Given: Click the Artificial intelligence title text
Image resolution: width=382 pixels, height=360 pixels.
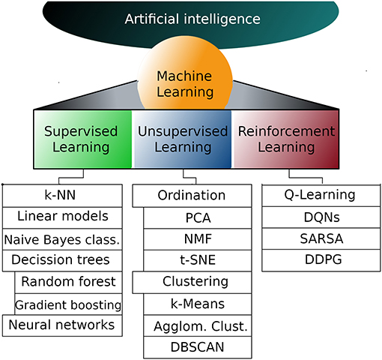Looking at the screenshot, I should click(193, 18).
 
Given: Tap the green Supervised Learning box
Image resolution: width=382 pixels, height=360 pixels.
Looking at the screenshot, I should click(83, 139).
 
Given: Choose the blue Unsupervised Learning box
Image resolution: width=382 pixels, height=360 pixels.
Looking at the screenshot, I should click(182, 139).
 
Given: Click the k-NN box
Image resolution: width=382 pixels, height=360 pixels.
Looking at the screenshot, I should click(62, 195).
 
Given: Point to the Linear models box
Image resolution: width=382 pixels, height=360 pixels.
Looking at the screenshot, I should click(62, 217).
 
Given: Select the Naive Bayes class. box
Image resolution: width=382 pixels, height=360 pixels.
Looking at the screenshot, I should click(62, 239).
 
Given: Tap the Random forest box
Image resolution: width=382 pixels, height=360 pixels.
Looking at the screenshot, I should click(68, 282).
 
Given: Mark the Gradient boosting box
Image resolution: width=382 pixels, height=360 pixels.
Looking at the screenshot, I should click(68, 304).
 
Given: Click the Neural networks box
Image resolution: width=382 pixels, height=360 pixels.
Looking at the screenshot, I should click(62, 325).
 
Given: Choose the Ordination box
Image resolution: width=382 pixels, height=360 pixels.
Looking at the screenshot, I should click(191, 195).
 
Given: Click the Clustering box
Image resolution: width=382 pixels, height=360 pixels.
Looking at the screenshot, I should click(191, 282).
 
